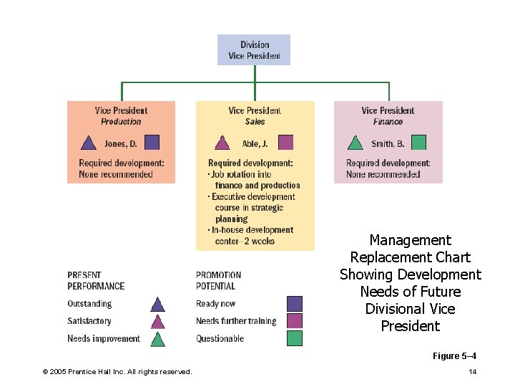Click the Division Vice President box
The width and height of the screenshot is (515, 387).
pyautogui.click(x=254, y=50)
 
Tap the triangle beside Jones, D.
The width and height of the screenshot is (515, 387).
pyautogui.click(x=89, y=143)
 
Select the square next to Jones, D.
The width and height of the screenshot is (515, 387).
pyautogui.click(x=152, y=143)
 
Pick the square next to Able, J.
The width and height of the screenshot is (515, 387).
pyautogui.click(x=285, y=143)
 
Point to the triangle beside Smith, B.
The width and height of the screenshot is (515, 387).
pyautogui.click(x=355, y=143)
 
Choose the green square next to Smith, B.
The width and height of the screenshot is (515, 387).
pyautogui.click(x=419, y=143)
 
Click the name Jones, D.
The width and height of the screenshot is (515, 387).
pyautogui.click(x=120, y=143)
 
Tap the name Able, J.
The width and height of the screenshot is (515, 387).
pyautogui.click(x=255, y=143)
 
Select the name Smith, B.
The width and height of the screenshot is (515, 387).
pyautogui.click(x=387, y=143)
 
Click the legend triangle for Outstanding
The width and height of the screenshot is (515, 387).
pyautogui.click(x=158, y=305)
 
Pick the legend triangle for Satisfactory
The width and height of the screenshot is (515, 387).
pyautogui.click(x=158, y=322)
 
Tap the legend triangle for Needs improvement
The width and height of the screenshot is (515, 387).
pyautogui.click(x=158, y=339)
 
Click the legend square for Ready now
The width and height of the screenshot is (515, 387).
pyautogui.click(x=294, y=304)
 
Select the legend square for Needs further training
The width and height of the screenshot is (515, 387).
pyautogui.click(x=294, y=321)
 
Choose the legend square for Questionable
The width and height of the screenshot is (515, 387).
pyautogui.click(x=294, y=338)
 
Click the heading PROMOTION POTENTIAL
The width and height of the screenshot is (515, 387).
pyautogui.click(x=219, y=280)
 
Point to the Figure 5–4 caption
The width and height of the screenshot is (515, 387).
pyautogui.click(x=454, y=356)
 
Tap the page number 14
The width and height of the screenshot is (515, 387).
pyautogui.click(x=472, y=371)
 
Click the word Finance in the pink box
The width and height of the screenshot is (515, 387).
pyautogui.click(x=388, y=122)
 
